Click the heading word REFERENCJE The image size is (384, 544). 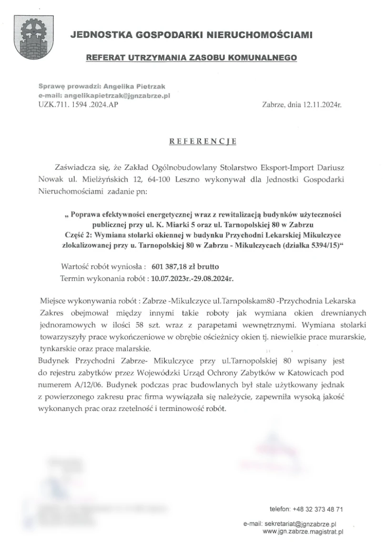pos(203,141)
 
